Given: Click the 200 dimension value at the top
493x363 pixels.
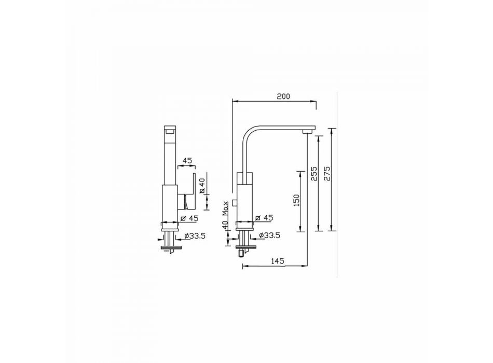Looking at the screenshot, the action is tap(283, 96).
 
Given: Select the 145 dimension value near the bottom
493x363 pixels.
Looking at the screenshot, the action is tap(277, 260).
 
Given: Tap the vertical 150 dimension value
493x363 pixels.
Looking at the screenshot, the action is tap(296, 200).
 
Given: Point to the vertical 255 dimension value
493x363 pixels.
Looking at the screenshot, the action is tap(314, 174).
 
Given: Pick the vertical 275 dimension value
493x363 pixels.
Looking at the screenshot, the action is tap(327, 174).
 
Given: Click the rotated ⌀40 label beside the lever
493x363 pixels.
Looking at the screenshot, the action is tap(202, 186).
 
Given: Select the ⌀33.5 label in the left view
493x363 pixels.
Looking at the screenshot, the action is tap(195, 236).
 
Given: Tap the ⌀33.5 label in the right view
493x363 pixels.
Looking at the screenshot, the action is tap(270, 235).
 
